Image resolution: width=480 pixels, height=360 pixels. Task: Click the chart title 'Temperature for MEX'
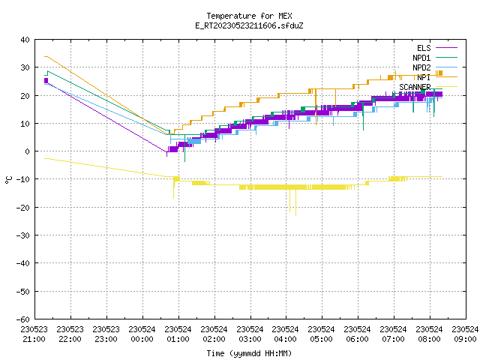tap(249, 16)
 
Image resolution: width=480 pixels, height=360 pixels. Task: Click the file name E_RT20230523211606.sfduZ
tap(249, 25)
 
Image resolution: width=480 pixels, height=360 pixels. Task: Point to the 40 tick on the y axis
tap(25, 40)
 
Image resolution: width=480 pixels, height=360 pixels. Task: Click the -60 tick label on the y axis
tap(23, 319)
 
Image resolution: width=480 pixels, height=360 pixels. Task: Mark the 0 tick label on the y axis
tap(28, 151)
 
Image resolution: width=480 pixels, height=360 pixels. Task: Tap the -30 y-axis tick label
tap(23, 235)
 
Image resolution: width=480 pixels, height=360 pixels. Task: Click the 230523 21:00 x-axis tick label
tap(34, 334)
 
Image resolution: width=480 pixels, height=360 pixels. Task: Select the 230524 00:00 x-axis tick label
tap(142, 334)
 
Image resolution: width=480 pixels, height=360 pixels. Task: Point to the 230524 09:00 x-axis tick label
tap(465, 334)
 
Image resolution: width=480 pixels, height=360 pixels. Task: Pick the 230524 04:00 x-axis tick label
tap(286, 334)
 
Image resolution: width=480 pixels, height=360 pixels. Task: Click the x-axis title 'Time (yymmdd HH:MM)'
tap(249, 353)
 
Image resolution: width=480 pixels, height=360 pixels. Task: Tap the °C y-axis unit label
tap(8, 180)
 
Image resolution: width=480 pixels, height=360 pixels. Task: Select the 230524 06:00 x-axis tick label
tap(357, 334)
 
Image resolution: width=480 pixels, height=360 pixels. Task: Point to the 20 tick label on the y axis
tap(25, 95)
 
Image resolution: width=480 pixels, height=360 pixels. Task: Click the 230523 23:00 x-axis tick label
tap(106, 334)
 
